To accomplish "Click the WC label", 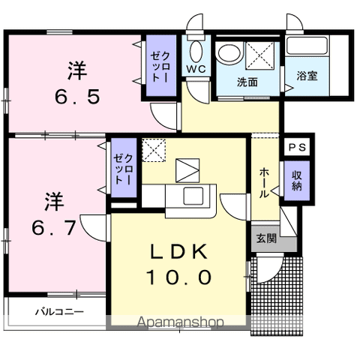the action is click(x=196, y=69).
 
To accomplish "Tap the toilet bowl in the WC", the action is click(x=196, y=51).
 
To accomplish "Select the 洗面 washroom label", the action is click(x=247, y=82).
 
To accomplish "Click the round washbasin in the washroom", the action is click(x=230, y=52).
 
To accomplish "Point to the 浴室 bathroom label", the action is click(x=307, y=76).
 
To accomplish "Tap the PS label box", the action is click(x=297, y=147).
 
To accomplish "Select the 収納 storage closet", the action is click(x=297, y=181).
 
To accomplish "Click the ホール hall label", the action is click(x=264, y=183).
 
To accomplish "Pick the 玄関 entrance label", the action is click(x=266, y=238).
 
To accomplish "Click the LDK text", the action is click(x=178, y=251).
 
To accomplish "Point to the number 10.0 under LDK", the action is click(x=180, y=277).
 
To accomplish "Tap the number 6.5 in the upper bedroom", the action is click(x=77, y=97).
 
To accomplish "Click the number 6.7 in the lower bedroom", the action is click(x=54, y=227).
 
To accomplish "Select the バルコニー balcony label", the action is click(x=59, y=312).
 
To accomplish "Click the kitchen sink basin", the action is click(x=193, y=196).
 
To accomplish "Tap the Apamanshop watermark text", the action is click(x=180, y=322).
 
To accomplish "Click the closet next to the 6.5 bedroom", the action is click(x=161, y=66).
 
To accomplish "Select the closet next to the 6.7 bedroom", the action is click(x=124, y=167).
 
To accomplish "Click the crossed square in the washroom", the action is click(x=259, y=55).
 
